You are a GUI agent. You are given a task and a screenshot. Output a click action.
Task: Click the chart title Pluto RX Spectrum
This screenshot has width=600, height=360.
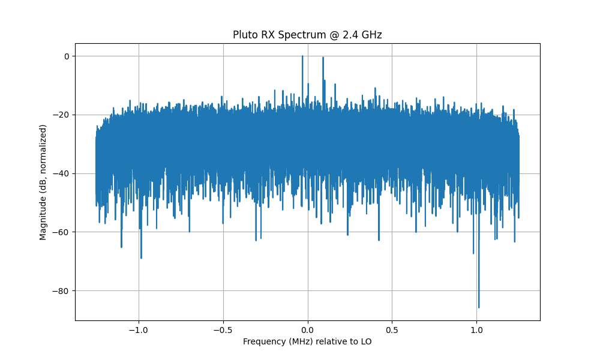point(307,35)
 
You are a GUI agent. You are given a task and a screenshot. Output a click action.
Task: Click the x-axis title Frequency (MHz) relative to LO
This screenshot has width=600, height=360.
point(307,341)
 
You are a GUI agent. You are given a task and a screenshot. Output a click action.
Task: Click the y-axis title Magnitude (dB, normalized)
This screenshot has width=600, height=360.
point(43,182)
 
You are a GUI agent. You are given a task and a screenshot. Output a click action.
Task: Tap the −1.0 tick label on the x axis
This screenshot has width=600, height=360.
point(139,329)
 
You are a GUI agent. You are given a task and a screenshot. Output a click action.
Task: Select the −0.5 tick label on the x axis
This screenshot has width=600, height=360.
point(223,329)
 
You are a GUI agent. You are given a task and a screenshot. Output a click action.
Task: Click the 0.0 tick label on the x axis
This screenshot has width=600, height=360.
point(307,329)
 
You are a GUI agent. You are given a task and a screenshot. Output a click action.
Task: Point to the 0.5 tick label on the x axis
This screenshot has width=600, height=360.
point(392,329)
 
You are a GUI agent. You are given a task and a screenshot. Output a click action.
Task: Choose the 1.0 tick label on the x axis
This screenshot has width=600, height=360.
point(476,329)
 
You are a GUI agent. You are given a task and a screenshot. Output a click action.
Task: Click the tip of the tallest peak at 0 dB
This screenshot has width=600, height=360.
point(302,56)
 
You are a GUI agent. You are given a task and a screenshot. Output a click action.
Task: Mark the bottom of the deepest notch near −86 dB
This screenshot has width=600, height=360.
point(478,307)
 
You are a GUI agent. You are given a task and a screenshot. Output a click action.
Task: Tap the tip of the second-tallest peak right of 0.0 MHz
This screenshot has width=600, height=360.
point(323,58)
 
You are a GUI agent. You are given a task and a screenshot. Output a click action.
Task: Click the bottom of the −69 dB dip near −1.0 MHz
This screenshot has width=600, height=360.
point(141,258)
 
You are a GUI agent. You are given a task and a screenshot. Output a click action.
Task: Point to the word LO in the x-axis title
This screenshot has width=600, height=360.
point(366,341)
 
